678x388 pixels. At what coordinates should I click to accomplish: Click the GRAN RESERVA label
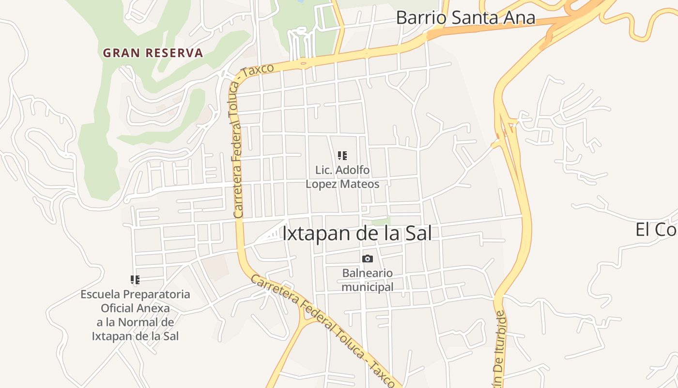pos(153,53)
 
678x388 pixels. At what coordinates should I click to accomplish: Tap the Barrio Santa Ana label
pos(465,18)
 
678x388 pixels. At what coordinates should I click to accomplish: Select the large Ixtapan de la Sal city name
pos(356,233)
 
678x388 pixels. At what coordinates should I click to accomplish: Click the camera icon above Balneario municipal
pos(368,259)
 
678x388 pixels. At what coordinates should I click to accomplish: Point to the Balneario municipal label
pos(368,280)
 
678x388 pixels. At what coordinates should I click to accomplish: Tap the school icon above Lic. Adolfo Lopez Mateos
pos(342,156)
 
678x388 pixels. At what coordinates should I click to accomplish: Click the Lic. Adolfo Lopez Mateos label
pos(342,177)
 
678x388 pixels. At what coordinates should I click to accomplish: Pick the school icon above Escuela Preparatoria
pos(135,279)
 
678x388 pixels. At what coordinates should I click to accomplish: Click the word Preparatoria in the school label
pos(156,294)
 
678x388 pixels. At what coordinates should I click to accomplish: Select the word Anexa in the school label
pos(156,308)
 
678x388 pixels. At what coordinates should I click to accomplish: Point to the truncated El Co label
pos(656,230)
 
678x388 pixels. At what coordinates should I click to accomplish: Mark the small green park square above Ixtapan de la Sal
pos(381,221)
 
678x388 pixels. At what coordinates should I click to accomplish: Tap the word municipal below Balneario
pos(368,287)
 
